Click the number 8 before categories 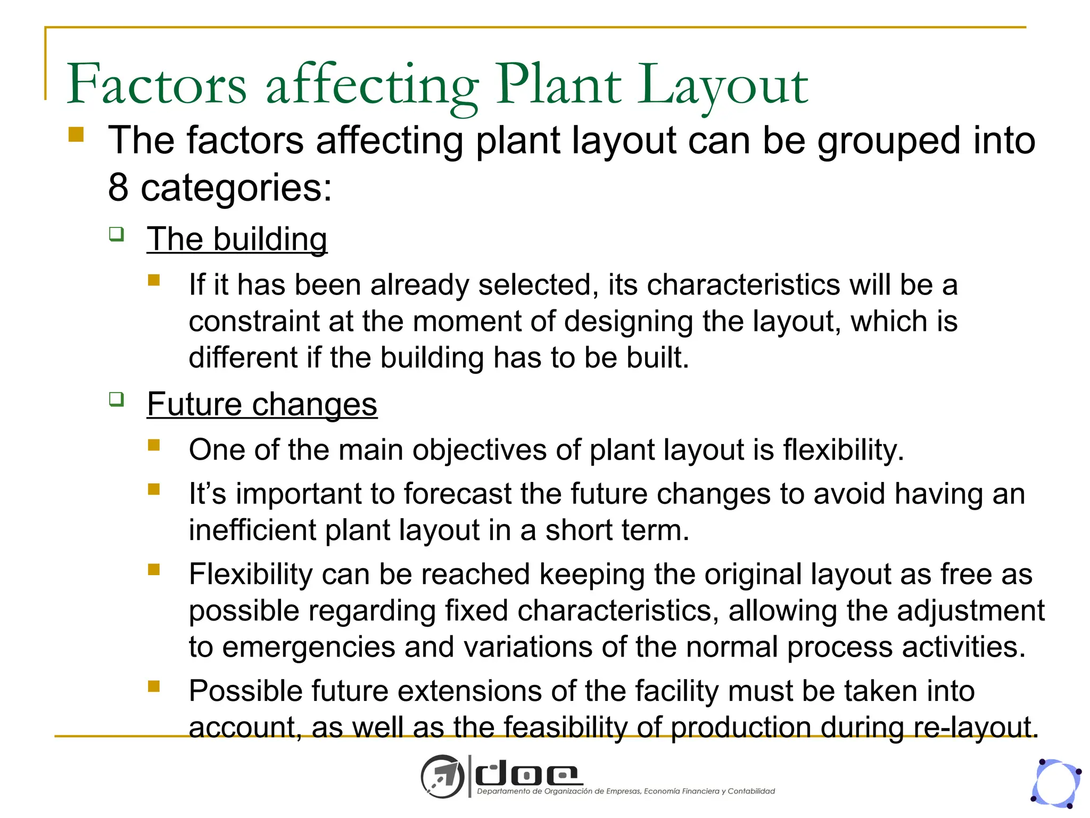coord(118,187)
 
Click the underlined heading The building coord(237,239)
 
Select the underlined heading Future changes coord(262,405)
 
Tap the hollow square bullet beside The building coord(117,234)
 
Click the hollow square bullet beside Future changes coord(117,399)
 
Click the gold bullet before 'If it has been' coord(154,280)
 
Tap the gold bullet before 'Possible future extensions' coord(154,686)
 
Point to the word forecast coord(457,494)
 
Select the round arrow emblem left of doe coord(442,776)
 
